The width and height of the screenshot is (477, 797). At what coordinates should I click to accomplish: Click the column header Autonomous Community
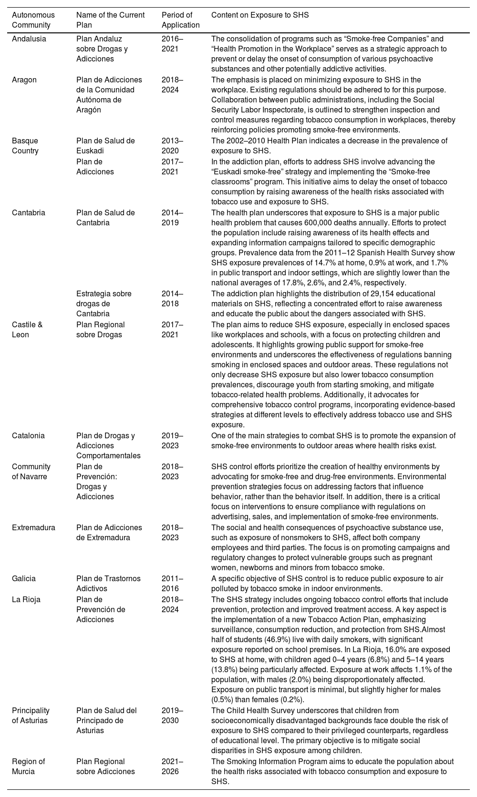(x=33, y=20)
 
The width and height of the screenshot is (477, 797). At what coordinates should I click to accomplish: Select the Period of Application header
(x=180, y=20)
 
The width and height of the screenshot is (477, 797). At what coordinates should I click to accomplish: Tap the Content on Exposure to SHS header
(x=259, y=15)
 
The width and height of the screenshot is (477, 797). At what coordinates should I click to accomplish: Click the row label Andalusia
(x=29, y=39)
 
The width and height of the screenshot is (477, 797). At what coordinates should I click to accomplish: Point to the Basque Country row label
(x=25, y=146)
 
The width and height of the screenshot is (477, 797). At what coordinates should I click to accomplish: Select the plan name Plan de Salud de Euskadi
(x=105, y=146)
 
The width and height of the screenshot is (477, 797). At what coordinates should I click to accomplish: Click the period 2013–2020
(x=172, y=146)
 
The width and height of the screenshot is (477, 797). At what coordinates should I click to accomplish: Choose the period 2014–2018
(x=172, y=299)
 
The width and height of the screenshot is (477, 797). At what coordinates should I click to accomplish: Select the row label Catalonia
(x=28, y=435)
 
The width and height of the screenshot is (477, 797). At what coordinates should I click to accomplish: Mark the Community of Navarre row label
(x=31, y=472)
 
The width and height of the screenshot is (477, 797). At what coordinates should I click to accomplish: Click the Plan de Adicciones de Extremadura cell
(x=109, y=533)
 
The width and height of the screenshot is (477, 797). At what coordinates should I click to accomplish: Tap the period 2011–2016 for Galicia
(x=172, y=584)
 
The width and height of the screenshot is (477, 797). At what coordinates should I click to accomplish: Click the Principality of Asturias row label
(x=31, y=716)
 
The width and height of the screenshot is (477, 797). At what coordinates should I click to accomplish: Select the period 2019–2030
(x=172, y=716)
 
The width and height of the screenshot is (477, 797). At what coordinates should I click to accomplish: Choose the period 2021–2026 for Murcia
(x=172, y=767)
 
